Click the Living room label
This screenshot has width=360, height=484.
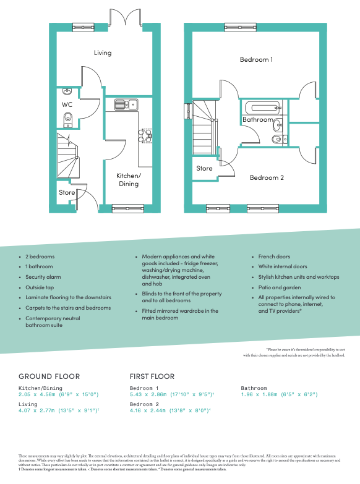(103, 53)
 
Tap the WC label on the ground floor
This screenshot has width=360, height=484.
(67, 105)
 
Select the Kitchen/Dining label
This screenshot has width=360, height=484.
(129, 180)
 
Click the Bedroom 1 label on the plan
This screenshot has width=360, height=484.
(257, 59)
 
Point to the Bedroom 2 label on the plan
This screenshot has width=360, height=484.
(267, 177)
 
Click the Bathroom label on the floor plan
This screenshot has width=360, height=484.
(257, 119)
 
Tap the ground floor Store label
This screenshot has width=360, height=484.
(67, 193)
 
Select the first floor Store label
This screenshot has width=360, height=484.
(204, 168)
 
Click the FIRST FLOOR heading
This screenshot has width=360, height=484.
(152, 376)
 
